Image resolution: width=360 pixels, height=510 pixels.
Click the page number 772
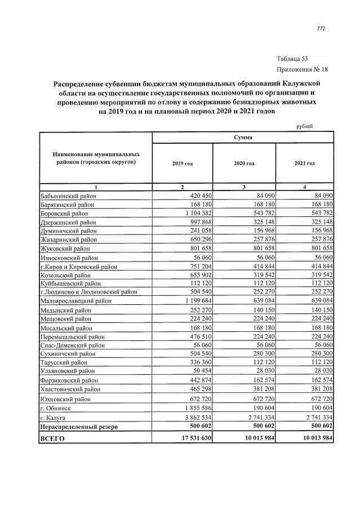point(321,29)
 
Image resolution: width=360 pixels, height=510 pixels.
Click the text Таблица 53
point(292,59)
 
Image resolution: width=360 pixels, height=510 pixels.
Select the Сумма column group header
point(243,138)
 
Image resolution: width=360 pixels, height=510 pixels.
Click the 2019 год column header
point(182,163)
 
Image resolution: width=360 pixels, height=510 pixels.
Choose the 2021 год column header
point(304,163)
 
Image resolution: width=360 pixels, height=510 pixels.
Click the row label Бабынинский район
point(69,196)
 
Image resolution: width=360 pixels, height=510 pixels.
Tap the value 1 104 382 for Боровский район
point(194,214)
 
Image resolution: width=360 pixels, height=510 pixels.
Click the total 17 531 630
point(192,438)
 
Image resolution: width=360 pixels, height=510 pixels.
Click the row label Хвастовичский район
point(72,389)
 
